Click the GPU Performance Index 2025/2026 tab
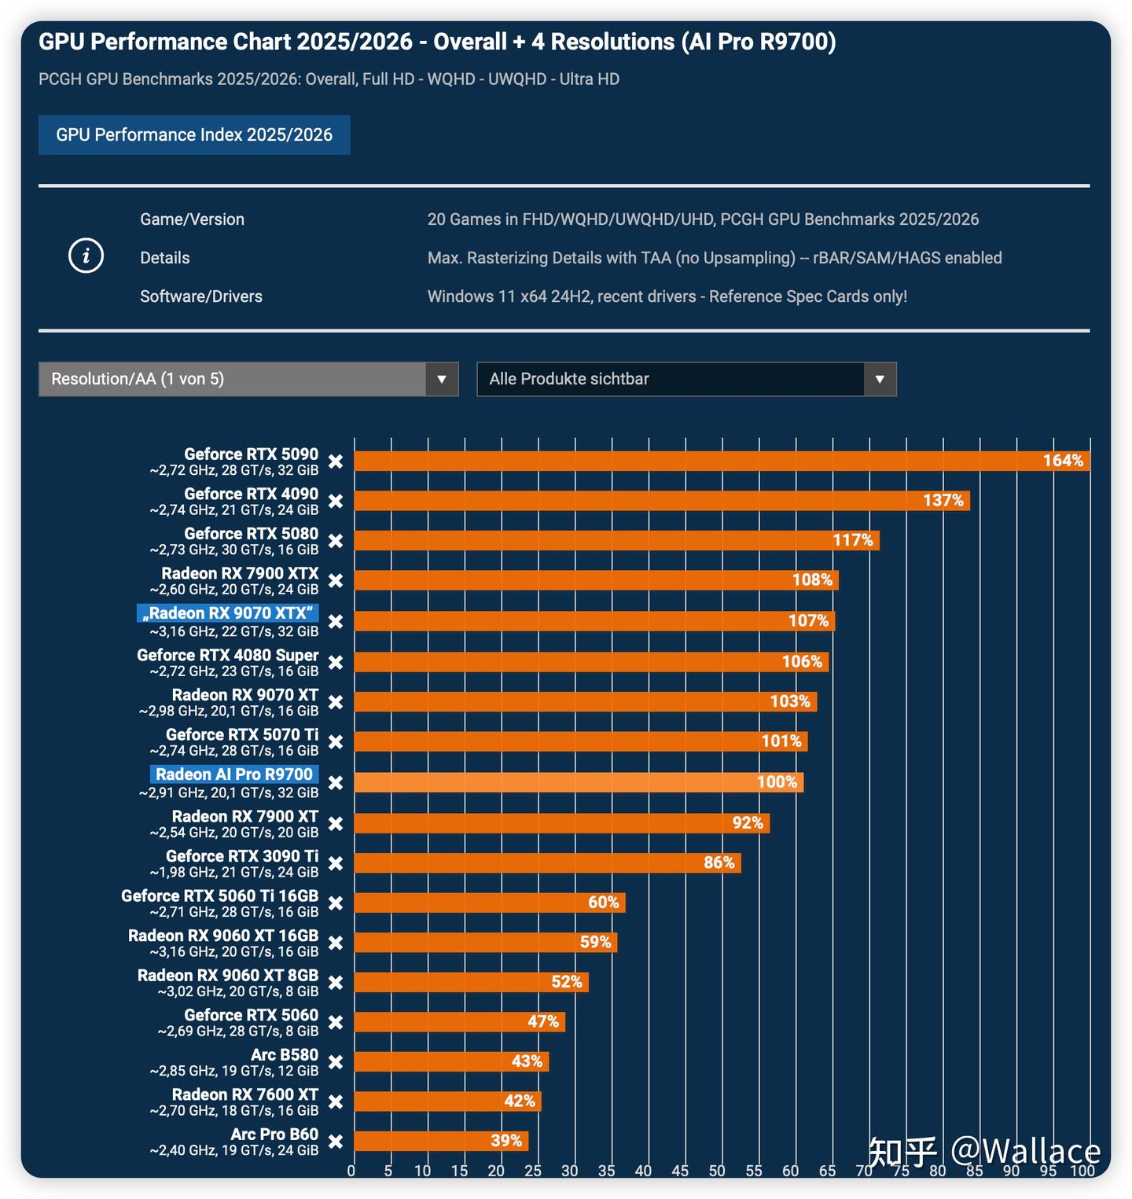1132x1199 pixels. click(x=194, y=135)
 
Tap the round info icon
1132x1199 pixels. click(x=86, y=256)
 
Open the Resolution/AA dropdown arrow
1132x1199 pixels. click(x=442, y=380)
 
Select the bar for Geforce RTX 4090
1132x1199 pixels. click(x=661, y=501)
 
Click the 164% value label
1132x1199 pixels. click(x=1063, y=461)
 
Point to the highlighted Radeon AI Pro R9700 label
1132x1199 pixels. click(x=234, y=774)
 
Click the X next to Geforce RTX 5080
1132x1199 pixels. click(x=336, y=541)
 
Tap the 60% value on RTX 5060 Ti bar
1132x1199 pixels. click(x=604, y=903)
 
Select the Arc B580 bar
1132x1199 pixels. click(x=451, y=1061)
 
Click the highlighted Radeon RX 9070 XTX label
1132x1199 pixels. click(x=228, y=613)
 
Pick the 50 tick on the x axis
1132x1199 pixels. click(x=717, y=1171)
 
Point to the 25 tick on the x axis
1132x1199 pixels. click(x=533, y=1171)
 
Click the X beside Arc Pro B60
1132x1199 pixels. click(x=336, y=1142)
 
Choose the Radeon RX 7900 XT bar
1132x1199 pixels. click(x=561, y=823)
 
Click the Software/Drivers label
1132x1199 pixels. click(x=201, y=296)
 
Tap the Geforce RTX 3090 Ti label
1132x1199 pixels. click(x=242, y=856)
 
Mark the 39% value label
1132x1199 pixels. click(x=506, y=1141)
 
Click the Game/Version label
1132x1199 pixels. click(x=192, y=219)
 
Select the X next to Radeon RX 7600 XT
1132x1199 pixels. click(x=336, y=1102)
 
